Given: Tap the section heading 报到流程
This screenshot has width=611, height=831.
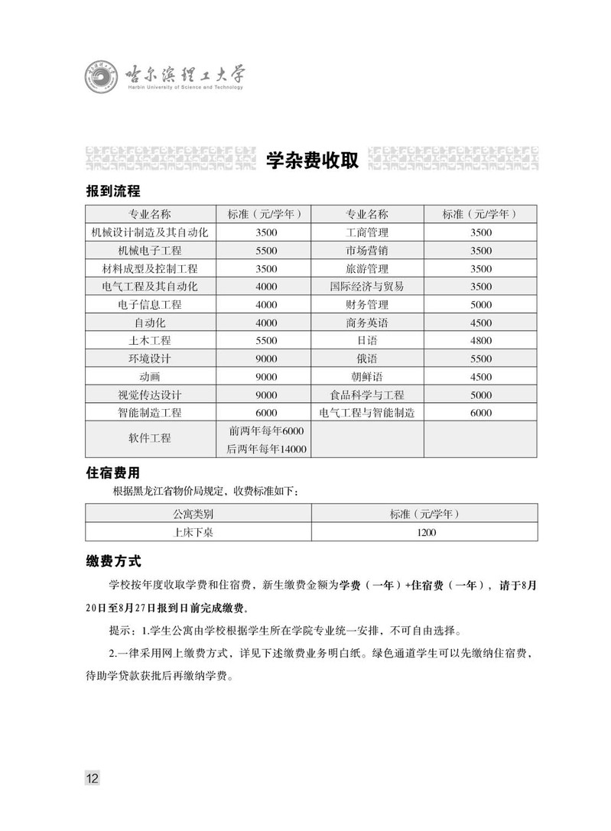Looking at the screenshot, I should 113,191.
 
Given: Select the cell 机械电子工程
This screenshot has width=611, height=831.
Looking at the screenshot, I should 150,250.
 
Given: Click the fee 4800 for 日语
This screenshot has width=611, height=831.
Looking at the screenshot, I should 481,340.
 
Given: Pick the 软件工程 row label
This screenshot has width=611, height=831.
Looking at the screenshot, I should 150,439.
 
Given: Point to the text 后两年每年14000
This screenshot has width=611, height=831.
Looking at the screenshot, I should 266,449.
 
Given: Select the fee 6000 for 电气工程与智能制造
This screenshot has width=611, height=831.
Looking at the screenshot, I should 481,413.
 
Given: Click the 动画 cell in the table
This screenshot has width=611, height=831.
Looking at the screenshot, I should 150,377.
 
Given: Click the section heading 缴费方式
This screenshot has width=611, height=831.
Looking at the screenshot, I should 113,562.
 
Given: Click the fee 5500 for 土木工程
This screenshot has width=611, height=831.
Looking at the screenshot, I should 266,340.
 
